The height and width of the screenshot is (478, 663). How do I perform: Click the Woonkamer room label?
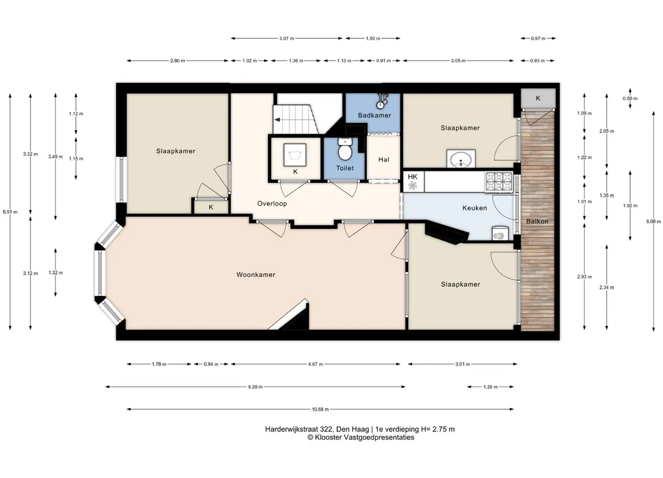click(255, 275)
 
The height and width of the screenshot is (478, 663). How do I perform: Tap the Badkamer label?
click(374, 115)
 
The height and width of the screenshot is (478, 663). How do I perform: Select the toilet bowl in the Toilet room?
click(345, 151)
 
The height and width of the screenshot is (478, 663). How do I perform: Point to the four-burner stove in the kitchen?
click(499, 182)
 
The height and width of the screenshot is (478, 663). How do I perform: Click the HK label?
click(413, 177)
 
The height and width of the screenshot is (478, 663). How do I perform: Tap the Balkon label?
click(537, 221)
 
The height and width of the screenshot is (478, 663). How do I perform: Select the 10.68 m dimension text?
click(320, 410)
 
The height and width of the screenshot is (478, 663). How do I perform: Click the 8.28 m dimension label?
click(255, 386)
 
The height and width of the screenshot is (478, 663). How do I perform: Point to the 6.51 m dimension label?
click(10, 212)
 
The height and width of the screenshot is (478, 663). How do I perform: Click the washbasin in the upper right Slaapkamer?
click(461, 159)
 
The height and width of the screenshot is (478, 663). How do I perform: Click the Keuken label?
click(474, 208)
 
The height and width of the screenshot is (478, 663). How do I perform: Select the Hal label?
click(383, 159)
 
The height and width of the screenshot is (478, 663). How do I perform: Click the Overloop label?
click(272, 203)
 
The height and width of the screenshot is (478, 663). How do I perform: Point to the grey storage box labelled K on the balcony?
click(537, 98)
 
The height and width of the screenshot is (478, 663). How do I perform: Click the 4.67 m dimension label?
click(316, 364)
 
